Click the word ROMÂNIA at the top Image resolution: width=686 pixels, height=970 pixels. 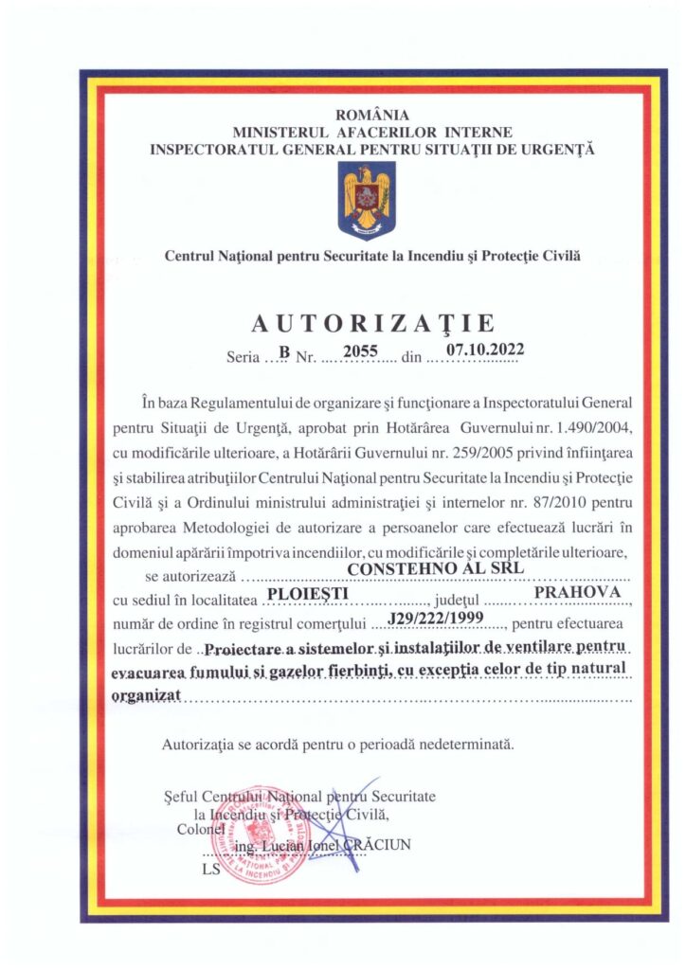372,116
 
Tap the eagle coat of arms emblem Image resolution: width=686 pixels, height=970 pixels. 367,200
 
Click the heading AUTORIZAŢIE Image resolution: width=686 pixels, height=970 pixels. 371,324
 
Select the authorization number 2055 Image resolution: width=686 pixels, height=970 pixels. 360,350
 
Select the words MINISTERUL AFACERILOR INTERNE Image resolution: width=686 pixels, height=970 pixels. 372,132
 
